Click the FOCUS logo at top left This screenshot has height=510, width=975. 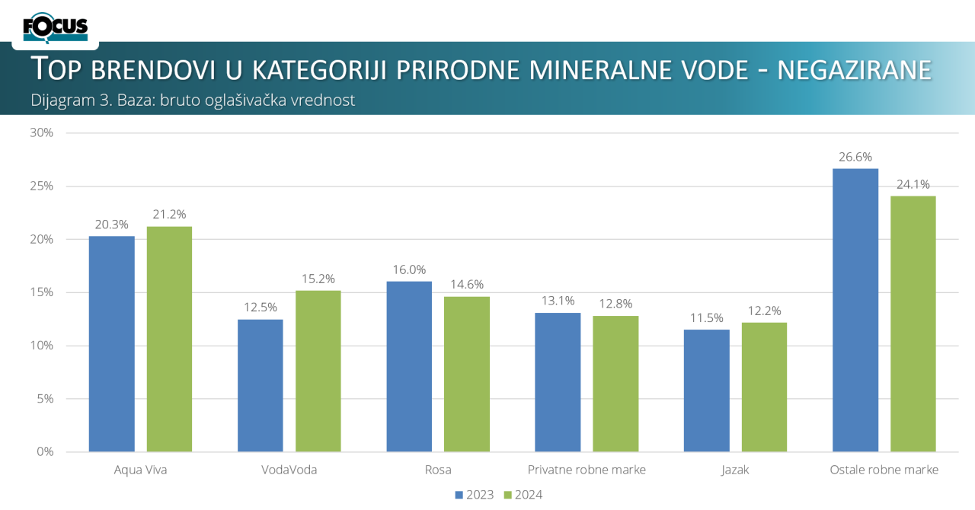(x=55, y=28)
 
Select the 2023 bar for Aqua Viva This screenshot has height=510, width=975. (x=112, y=343)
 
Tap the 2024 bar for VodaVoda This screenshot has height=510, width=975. (x=318, y=371)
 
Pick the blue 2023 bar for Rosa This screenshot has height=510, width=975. (x=409, y=366)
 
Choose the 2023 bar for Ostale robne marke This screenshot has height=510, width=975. (x=855, y=310)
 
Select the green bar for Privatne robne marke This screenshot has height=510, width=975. (x=615, y=384)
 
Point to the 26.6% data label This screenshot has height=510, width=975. (x=855, y=157)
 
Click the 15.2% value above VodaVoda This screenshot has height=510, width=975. (x=318, y=279)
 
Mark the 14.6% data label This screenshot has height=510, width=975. (x=467, y=285)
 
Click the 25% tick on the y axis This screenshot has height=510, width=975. (x=42, y=186)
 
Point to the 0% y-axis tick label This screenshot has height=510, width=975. (x=45, y=451)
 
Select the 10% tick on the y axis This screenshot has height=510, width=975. (x=42, y=346)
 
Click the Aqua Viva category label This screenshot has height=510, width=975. (x=140, y=470)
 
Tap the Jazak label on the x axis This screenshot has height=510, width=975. (x=735, y=470)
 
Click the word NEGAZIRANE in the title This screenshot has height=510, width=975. (x=854, y=69)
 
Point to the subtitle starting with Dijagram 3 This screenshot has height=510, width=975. (x=193, y=100)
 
